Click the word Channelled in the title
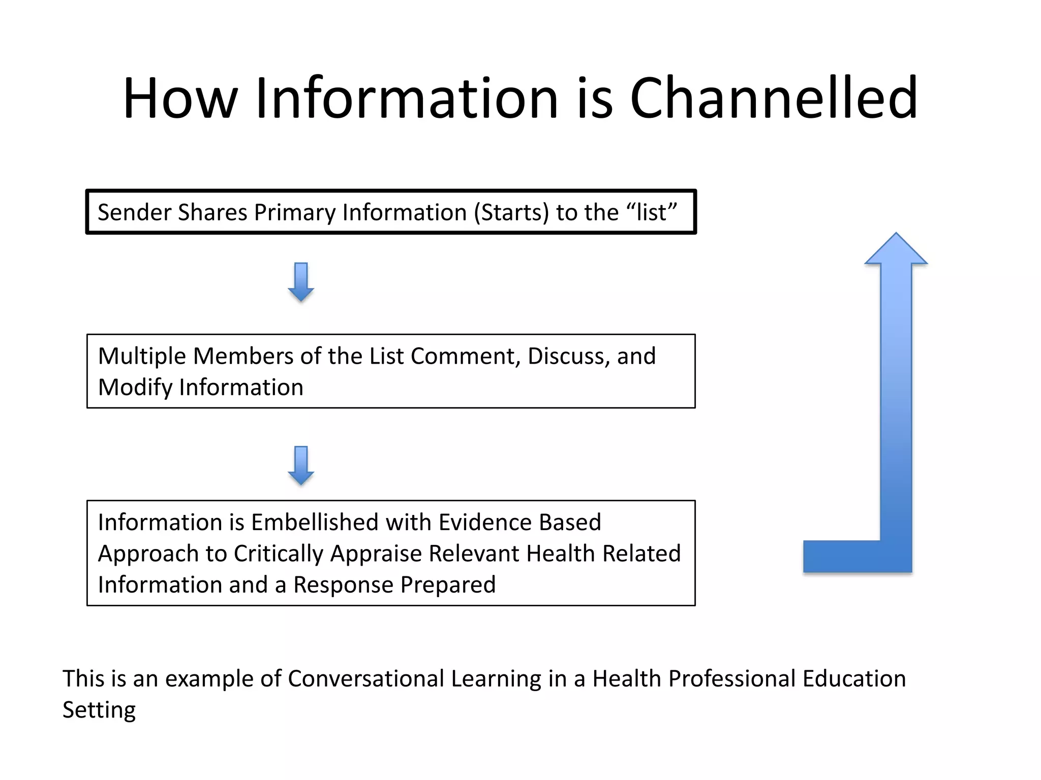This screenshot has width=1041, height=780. (x=774, y=97)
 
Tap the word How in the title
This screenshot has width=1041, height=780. (x=180, y=97)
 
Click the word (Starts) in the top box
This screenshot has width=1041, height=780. (x=511, y=212)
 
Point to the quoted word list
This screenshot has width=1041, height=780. (x=651, y=212)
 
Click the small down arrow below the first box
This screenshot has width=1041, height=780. (x=301, y=282)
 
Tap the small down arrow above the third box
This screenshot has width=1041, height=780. (x=301, y=465)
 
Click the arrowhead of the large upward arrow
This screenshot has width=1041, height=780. (x=896, y=249)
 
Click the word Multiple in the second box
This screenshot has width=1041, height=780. (x=142, y=356)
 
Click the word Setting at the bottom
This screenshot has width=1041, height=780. (x=99, y=710)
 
